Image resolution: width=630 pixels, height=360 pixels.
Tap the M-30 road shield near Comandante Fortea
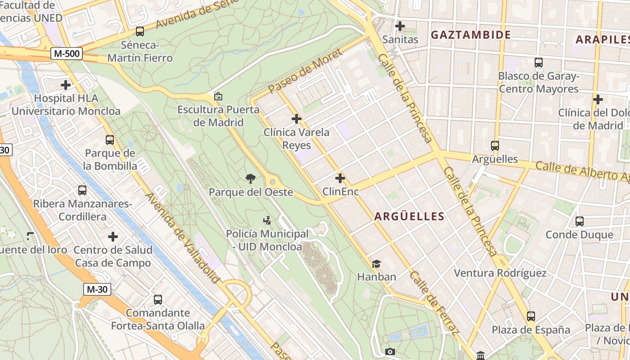[97, 289]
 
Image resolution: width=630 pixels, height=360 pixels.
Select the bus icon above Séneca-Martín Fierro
[140, 31]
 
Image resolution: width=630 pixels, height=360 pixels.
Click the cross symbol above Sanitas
[400, 26]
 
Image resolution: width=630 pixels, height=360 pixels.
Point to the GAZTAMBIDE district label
[471, 35]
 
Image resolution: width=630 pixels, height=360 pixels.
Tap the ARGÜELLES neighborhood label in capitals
[409, 216]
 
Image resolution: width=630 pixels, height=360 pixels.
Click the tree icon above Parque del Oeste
[251, 179]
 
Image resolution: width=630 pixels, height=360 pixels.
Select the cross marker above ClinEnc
[340, 178]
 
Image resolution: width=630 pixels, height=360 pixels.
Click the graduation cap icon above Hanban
[376, 264]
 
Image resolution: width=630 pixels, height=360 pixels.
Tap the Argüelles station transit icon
[495, 146]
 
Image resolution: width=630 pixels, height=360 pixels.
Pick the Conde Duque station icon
[580, 221]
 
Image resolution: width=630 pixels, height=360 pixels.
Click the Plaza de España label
[531, 330]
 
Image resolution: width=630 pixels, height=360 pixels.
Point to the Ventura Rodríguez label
[500, 273]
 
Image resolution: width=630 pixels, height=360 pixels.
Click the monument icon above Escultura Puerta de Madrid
[218, 96]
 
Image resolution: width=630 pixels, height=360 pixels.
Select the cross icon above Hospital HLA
[66, 85]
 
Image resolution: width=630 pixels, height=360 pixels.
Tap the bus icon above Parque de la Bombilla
[110, 140]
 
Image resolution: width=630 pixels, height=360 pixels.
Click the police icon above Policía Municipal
[267, 220]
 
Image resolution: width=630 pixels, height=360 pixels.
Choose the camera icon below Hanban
[390, 351]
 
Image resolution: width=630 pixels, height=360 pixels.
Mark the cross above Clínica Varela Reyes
[297, 119]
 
